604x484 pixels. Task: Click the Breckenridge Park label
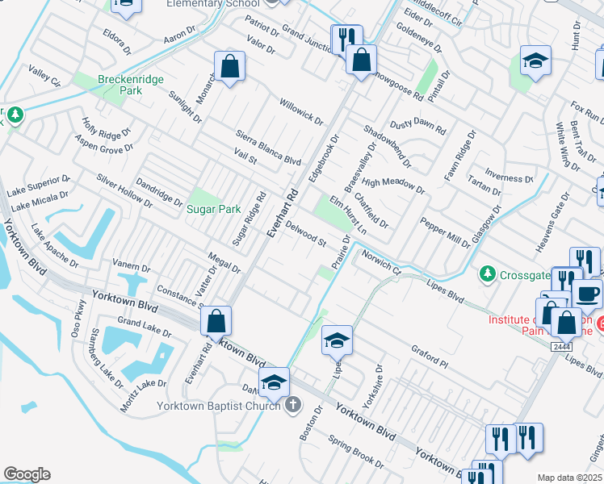click(x=120, y=85)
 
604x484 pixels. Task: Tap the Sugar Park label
click(x=214, y=209)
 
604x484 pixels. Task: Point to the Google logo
click(x=27, y=474)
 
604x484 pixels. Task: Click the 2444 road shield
click(x=562, y=346)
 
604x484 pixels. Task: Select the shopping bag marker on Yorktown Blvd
click(x=216, y=321)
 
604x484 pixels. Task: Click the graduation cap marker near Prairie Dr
click(x=338, y=340)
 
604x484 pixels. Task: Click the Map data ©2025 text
click(x=569, y=478)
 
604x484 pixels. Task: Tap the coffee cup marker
click(x=587, y=294)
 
